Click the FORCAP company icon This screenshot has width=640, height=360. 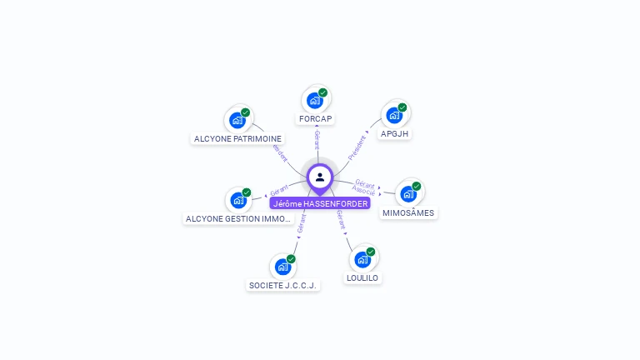click(315, 100)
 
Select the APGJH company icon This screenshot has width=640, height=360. click(394, 115)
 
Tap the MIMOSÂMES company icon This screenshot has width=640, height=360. click(408, 193)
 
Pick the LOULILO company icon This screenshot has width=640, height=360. click(362, 259)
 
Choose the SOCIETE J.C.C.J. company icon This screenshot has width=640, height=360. click(283, 267)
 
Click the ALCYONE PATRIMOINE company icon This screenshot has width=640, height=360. click(237, 120)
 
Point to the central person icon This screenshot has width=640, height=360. click(320, 177)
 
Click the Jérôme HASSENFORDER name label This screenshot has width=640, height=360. click(320, 203)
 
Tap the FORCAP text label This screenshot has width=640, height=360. click(316, 119)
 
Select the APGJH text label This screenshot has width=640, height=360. click(396, 133)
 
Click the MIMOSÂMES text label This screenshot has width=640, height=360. click(408, 213)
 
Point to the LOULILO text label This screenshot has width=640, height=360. click(362, 277)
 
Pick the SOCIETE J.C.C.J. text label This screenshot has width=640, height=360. click(284, 285)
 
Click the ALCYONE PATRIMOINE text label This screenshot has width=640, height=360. click(237, 138)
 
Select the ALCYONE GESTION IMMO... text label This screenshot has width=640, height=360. click(239, 218)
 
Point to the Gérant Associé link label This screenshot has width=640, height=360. click(364, 187)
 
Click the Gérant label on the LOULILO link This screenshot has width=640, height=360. click(341, 218)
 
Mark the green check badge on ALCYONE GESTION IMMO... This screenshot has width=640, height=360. click(247, 192)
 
